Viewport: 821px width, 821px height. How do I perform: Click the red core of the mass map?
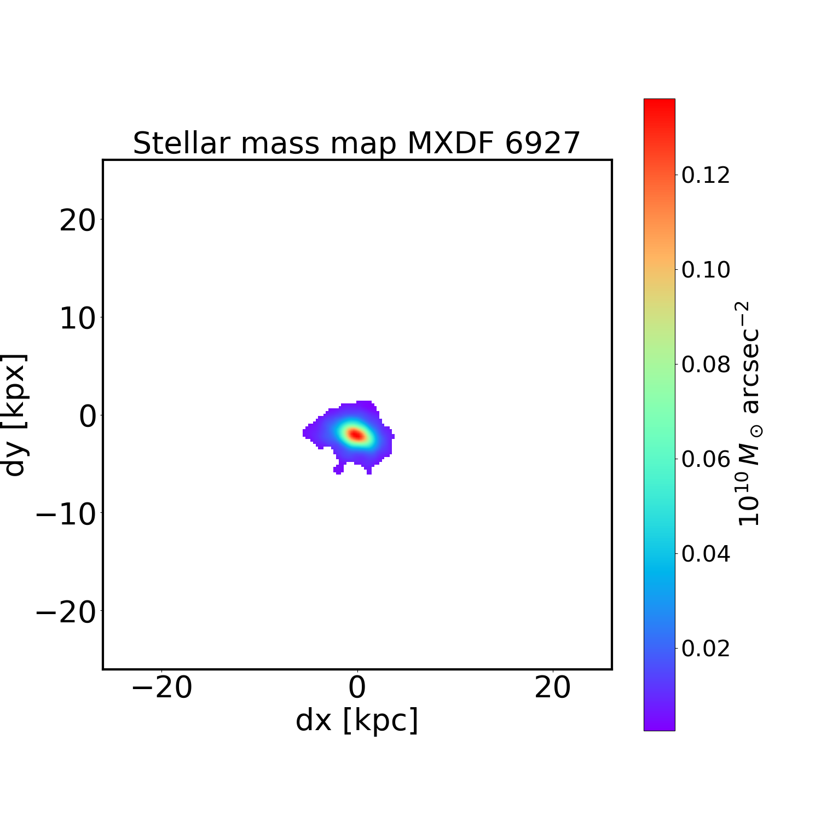356,435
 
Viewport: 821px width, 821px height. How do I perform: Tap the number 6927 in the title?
542,144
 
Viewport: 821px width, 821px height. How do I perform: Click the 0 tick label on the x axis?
357,688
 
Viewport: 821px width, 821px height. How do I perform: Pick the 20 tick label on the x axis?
553,688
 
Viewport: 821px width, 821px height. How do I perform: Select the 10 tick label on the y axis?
77,318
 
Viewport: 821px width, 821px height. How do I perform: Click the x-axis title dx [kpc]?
357,720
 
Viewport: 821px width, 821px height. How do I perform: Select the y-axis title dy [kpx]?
15,415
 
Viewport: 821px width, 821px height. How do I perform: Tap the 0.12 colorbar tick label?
706,175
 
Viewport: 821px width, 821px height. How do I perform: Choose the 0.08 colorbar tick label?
706,365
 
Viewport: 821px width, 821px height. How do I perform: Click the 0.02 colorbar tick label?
706,649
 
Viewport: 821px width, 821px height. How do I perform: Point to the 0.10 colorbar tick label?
706,270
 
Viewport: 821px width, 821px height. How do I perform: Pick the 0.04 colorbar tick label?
706,554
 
